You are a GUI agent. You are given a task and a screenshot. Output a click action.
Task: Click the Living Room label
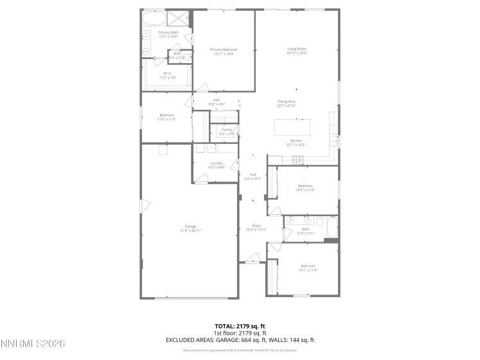point(296,51)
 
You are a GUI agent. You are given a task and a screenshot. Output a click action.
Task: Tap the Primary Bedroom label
point(224,51)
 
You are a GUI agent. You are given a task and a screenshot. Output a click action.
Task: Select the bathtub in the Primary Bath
point(154,18)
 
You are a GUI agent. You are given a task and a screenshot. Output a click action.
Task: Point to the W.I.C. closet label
point(167,75)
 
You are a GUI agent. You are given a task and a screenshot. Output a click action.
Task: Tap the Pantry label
point(227,131)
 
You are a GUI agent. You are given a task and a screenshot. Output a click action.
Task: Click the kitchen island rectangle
point(301,127)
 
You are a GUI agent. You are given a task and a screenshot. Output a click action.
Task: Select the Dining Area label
point(286,103)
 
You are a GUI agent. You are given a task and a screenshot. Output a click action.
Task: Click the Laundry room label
point(216,165)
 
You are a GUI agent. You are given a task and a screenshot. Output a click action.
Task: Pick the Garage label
point(190,228)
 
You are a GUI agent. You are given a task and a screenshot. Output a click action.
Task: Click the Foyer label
point(256,228)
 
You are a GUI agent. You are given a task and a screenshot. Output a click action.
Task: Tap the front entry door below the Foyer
point(252,261)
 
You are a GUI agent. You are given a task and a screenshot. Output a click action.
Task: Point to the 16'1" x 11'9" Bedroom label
point(308,267)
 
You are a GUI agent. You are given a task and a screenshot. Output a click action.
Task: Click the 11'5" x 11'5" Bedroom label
point(167,117)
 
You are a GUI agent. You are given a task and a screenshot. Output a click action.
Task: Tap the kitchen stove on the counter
point(298,159)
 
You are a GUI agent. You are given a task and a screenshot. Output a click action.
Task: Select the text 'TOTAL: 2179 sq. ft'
point(240,326)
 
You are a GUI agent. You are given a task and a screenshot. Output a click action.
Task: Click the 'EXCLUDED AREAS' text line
point(240,339)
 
